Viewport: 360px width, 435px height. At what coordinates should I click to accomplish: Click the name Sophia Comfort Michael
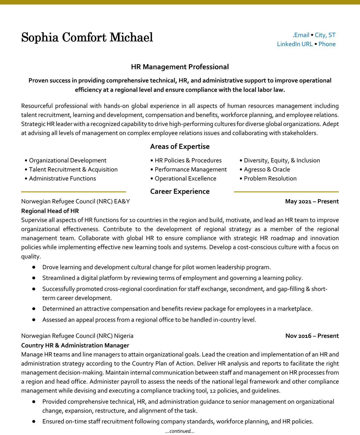point(87,38)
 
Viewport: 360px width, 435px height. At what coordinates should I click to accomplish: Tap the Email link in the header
point(302,35)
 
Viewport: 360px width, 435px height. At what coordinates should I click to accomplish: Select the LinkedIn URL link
point(295,44)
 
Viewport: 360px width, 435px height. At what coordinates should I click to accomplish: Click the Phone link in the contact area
point(327,44)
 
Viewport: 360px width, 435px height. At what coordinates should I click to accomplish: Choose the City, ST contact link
point(325,35)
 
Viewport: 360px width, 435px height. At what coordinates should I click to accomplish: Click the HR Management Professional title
point(180,67)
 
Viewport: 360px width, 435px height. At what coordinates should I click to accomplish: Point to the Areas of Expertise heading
point(180,147)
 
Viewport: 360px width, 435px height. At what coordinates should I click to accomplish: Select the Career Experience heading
point(180,192)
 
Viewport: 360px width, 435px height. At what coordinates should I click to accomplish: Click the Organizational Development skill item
point(67,160)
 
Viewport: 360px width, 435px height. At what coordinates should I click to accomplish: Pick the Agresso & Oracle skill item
point(267,169)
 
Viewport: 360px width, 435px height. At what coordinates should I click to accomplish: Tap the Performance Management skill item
point(191,169)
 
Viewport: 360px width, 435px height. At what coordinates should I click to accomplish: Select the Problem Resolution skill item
point(270,179)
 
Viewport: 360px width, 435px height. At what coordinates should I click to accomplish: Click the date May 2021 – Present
point(312,201)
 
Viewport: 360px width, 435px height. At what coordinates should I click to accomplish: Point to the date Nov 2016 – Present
point(312,336)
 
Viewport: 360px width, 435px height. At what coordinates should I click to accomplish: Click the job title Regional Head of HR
point(50,211)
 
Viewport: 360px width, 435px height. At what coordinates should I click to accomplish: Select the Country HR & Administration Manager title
point(75,345)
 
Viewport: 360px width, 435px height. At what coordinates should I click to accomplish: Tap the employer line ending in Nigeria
point(77,336)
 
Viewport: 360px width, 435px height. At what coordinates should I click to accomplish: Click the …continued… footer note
point(180,431)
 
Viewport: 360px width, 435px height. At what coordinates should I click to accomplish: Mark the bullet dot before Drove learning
point(34,267)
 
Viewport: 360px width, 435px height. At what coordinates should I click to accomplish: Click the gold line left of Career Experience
point(73,192)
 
